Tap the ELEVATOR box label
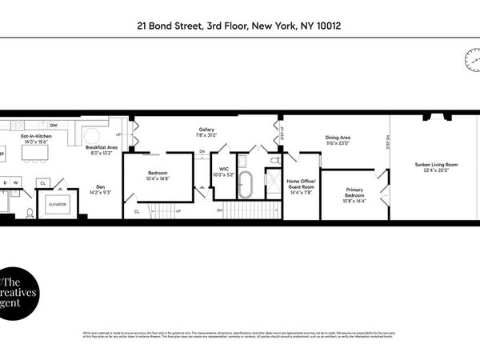click(56, 204)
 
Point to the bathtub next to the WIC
click(245, 186)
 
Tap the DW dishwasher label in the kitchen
click(54, 126)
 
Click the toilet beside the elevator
click(30, 213)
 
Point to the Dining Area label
click(338, 137)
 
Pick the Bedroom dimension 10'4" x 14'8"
click(158, 179)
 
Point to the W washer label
click(17, 182)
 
